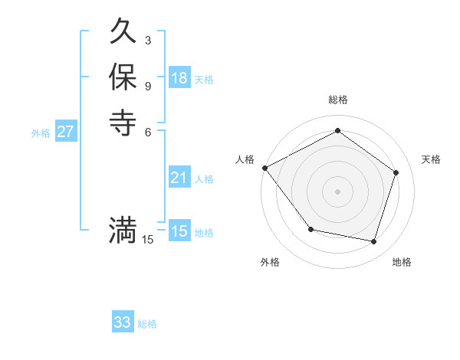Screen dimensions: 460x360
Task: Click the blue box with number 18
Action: tap(179, 77)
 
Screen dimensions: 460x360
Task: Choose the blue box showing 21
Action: tap(179, 178)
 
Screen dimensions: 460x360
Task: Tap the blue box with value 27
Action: tap(66, 131)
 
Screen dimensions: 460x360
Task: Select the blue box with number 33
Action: tap(123, 322)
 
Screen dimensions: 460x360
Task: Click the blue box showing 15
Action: tap(179, 231)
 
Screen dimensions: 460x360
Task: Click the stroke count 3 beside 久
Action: tap(147, 39)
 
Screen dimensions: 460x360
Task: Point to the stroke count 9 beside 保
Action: tap(147, 86)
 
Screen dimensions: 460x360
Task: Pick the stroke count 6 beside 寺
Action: tap(147, 131)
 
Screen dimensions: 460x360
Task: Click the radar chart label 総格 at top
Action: tap(337, 100)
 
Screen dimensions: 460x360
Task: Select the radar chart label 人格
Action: tap(245, 159)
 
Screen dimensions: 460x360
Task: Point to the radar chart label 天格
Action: tap(431, 159)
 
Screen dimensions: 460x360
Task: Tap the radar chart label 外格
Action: tap(270, 262)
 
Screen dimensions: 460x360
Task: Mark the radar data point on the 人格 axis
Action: tap(264, 167)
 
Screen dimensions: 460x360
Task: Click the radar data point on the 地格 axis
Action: tap(373, 241)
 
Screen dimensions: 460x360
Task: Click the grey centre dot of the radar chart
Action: tap(337, 191)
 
